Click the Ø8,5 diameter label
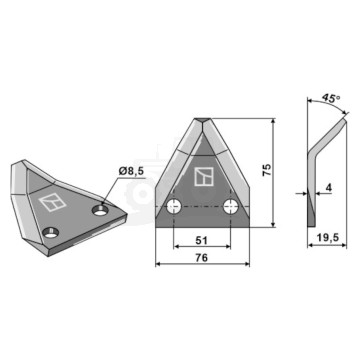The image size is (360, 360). click(x=131, y=172)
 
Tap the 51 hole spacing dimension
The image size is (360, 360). click(x=202, y=240)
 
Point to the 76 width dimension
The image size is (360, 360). click(x=202, y=258)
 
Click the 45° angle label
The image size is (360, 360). click(x=331, y=98)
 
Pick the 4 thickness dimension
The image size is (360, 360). click(x=329, y=188)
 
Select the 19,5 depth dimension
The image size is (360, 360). click(x=327, y=237)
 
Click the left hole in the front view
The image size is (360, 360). click(x=174, y=207)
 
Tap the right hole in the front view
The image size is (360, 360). click(x=230, y=207)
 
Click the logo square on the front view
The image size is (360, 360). click(x=204, y=176)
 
